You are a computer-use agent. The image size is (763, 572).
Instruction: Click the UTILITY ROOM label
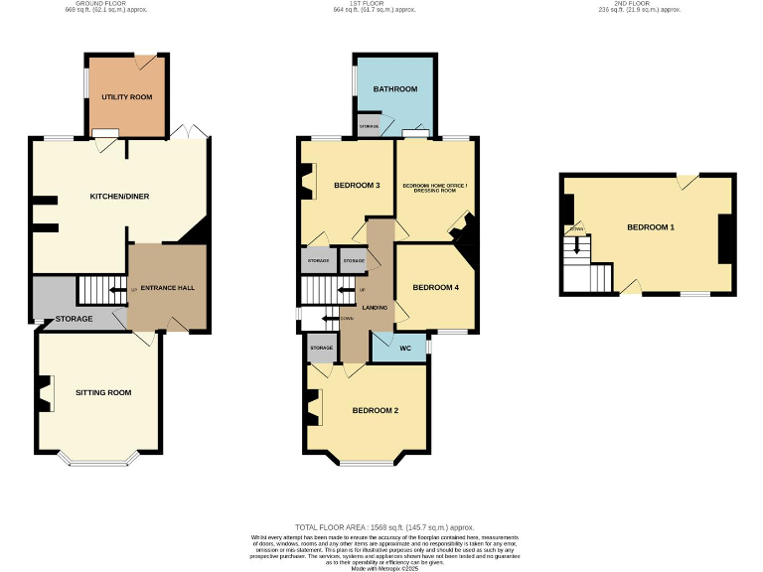click(x=126, y=97)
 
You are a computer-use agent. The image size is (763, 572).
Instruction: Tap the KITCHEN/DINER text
click(x=119, y=197)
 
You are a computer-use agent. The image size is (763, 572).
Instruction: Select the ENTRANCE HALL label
click(x=166, y=288)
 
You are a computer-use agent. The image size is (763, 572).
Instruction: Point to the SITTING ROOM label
click(x=103, y=392)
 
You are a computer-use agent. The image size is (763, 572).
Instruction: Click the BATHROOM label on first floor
click(x=394, y=89)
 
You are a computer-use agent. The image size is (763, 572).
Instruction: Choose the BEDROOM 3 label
click(x=357, y=186)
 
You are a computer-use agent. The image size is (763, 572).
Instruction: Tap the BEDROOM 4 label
click(x=436, y=288)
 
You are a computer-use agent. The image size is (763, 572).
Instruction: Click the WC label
click(x=404, y=349)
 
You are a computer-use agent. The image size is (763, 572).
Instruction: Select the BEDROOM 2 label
click(x=375, y=411)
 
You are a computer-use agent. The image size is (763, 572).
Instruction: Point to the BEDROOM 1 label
click(x=651, y=227)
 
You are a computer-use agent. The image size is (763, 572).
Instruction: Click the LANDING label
click(x=375, y=308)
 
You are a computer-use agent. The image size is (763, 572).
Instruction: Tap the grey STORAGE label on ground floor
click(x=74, y=319)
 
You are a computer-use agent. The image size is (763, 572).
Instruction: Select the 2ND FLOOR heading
click(x=639, y=4)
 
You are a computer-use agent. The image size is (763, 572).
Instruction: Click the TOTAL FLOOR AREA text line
click(x=384, y=526)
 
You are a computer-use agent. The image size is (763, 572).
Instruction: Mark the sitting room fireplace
click(x=45, y=393)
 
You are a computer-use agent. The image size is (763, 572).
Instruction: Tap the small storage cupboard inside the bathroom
click(x=369, y=127)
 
